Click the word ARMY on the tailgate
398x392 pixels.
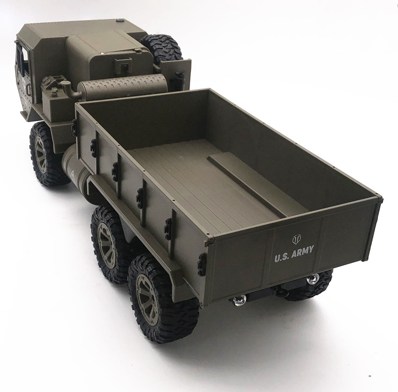tap(302, 252)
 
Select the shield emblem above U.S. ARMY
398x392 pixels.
tap(296, 240)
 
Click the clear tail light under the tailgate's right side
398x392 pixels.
tap(313, 279)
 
